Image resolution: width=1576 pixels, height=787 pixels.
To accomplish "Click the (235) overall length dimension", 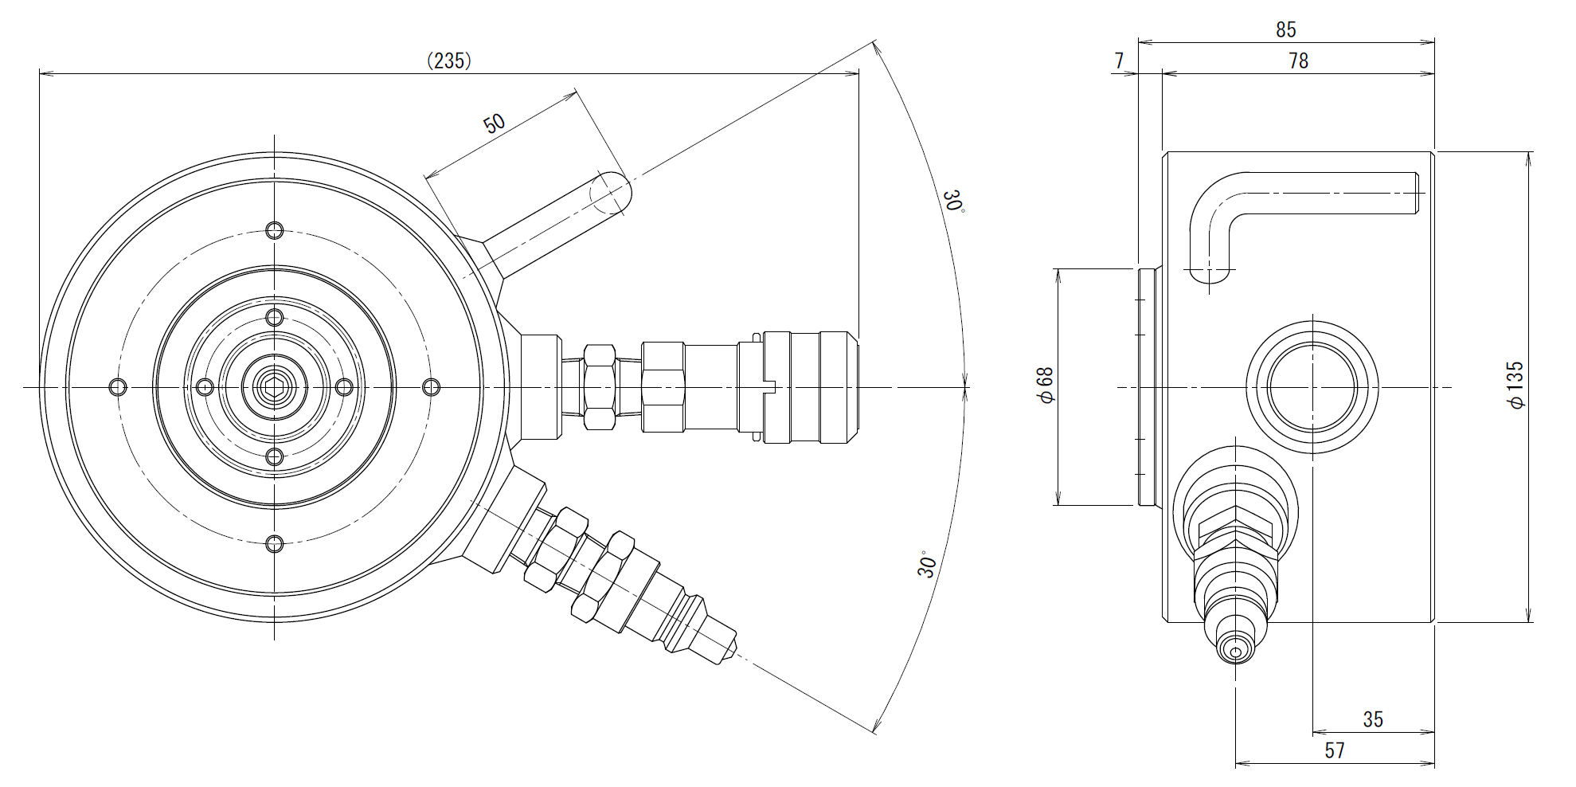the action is pos(449,61).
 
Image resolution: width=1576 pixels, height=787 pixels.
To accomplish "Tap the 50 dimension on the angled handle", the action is pos(495,123).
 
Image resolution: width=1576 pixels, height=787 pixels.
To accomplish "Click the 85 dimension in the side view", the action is pos(1286,29).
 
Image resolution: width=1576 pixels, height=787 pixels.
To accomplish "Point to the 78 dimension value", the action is pos(1298,61).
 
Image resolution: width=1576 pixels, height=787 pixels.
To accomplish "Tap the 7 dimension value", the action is pos(1119,61).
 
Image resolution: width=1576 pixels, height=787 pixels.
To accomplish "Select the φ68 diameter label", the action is pos(1046,386).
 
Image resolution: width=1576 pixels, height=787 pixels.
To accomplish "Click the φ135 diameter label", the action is pos(1515,386).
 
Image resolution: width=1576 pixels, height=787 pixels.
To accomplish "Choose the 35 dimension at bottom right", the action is pos(1373,719).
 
